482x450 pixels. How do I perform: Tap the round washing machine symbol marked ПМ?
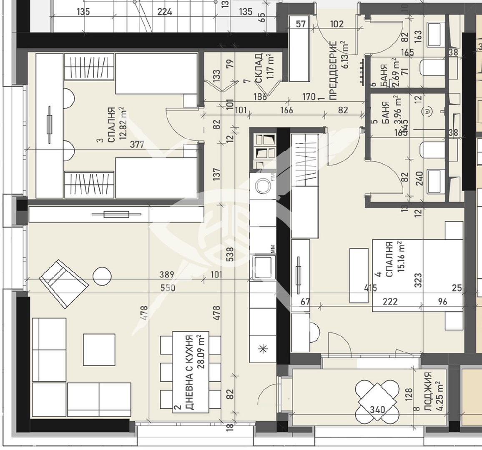tap(263, 185)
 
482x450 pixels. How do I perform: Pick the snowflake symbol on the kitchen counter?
tap(263, 349)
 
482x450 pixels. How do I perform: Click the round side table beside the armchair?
tap(102, 276)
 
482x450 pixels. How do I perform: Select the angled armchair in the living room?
tap(64, 283)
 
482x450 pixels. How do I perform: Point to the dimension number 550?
tap(168, 288)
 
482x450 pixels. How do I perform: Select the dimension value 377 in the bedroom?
tap(137, 145)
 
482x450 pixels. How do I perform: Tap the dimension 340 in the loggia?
tap(377, 410)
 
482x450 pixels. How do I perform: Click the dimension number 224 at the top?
tap(165, 12)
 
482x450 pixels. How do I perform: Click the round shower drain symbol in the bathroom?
tap(428, 111)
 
